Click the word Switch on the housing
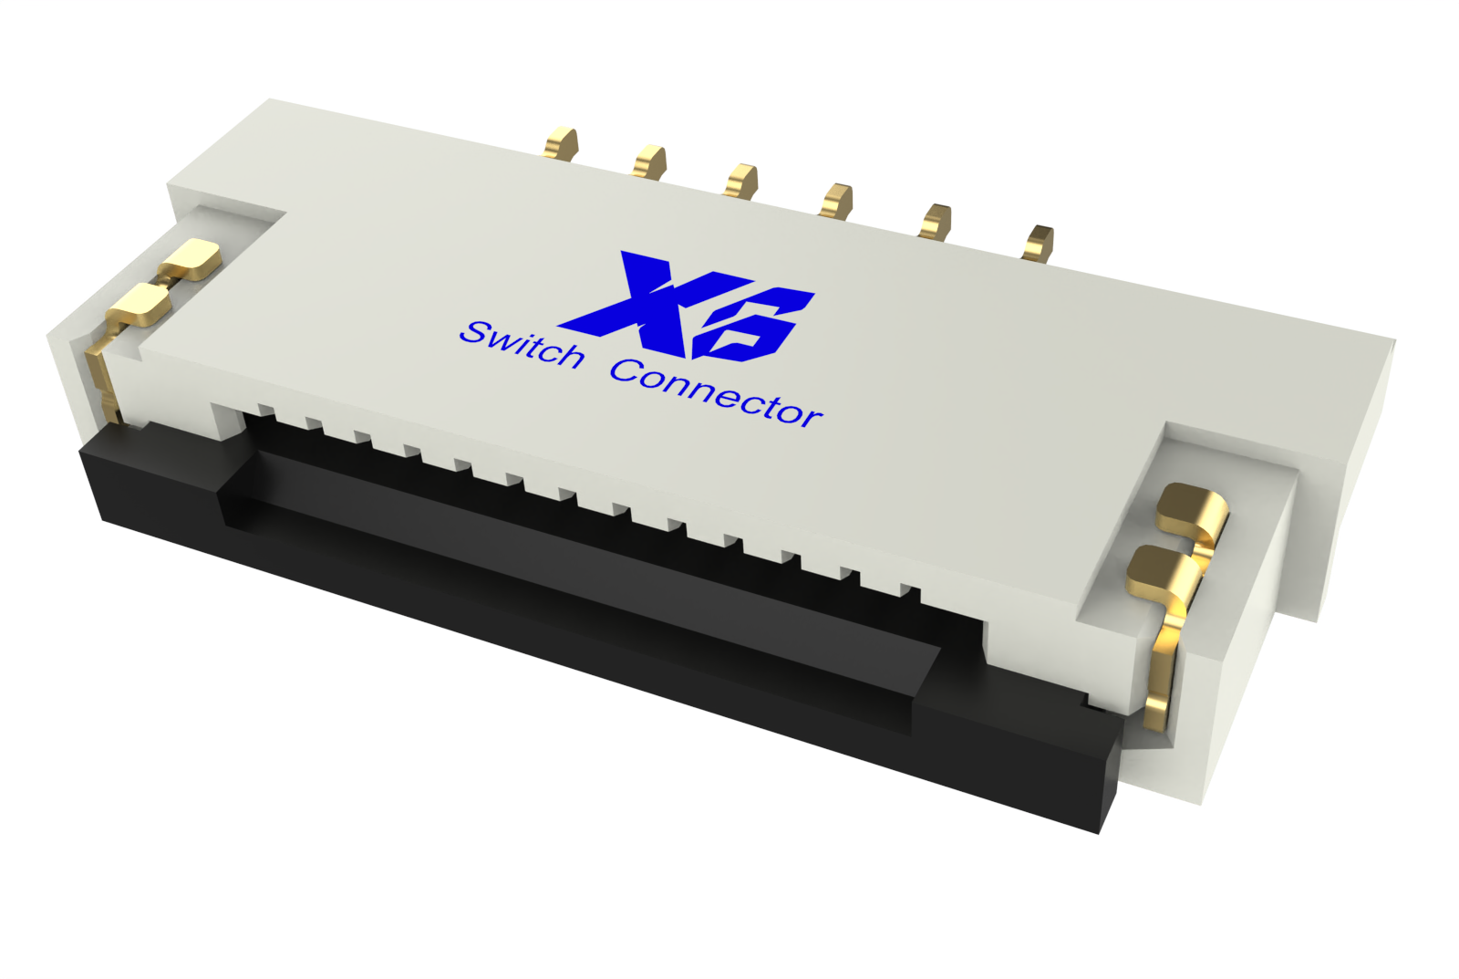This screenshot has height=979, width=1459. click(x=522, y=345)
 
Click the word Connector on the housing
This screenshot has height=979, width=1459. click(x=716, y=393)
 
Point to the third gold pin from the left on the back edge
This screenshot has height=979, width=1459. click(x=741, y=180)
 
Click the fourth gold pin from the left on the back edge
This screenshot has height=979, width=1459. click(x=836, y=201)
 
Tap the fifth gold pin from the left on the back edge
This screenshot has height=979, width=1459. click(x=936, y=221)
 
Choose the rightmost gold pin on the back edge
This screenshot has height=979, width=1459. click(x=1039, y=242)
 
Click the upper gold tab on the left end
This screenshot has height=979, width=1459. click(x=192, y=259)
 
